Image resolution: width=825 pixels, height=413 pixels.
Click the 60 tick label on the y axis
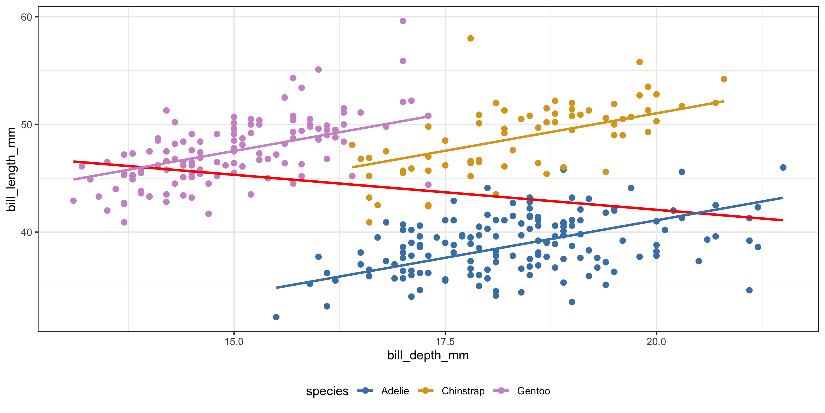pyautogui.click(x=26, y=17)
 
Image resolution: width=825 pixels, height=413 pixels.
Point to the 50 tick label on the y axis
pyautogui.click(x=26, y=125)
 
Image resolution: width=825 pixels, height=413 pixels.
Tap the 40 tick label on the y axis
pyautogui.click(x=26, y=232)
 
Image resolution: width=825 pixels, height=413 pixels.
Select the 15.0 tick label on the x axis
pyautogui.click(x=234, y=342)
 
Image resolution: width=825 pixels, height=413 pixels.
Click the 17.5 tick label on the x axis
pyautogui.click(x=445, y=342)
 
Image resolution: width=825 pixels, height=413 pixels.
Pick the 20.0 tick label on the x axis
pyautogui.click(x=656, y=342)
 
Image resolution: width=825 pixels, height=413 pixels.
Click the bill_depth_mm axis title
pyautogui.click(x=428, y=356)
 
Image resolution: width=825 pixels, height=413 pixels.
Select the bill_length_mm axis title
pyautogui.click(x=11, y=169)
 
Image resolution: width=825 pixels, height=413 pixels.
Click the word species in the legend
pyautogui.click(x=327, y=391)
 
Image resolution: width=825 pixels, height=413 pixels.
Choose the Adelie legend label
pyautogui.click(x=395, y=391)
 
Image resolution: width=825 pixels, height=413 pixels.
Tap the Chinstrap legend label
pyautogui.click(x=463, y=391)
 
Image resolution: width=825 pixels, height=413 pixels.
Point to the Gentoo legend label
pyautogui.click(x=533, y=391)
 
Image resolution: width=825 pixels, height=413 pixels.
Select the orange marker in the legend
pyautogui.click(x=426, y=391)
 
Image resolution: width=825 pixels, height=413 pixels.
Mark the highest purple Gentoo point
pyautogui.click(x=403, y=21)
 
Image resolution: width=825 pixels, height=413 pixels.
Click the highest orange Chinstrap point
pyautogui.click(x=470, y=38)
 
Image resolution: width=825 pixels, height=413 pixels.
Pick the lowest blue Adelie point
pyautogui.click(x=276, y=317)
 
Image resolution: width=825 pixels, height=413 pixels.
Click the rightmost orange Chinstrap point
pyautogui.click(x=724, y=79)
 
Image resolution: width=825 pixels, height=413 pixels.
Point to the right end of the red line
pyautogui.click(x=783, y=220)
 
